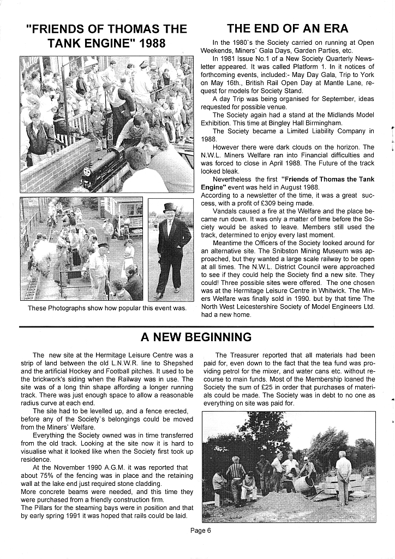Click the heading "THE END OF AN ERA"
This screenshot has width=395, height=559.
tap(287, 28)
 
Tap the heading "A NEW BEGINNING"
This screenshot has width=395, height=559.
tap(196, 337)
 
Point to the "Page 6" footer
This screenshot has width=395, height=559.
tap(200, 530)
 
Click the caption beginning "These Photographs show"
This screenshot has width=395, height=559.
tap(107, 308)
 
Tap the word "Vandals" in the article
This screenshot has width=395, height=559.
tap(225, 210)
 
